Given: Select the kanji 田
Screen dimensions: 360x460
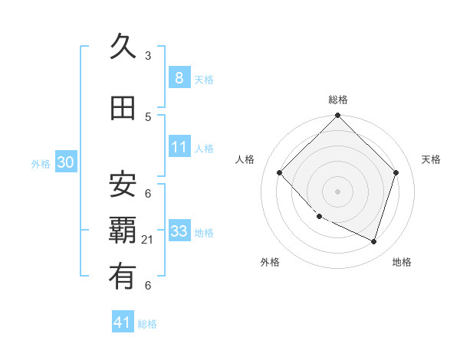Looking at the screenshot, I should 123,109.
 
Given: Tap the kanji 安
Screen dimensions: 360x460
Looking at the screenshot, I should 123,184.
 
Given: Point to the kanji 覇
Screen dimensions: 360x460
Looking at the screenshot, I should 123,231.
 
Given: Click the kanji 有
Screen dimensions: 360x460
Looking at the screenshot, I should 123,277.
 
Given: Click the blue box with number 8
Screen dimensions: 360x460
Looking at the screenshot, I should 179,77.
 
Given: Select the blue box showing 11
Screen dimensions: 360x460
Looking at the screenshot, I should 179,147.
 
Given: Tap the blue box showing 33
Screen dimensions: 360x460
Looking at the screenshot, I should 179,231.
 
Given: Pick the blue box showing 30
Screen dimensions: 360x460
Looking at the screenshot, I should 65,162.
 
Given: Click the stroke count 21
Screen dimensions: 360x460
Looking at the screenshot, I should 148,240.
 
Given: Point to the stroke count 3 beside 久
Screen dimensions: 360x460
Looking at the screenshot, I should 148,55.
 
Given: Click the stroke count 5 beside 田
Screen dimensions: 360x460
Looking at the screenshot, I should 148,116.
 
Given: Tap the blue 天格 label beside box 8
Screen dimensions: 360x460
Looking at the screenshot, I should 204,79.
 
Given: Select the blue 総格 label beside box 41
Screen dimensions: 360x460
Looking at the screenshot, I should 147,324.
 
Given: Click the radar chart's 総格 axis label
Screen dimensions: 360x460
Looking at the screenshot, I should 338,100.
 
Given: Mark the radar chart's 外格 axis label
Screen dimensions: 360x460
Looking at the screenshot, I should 270,262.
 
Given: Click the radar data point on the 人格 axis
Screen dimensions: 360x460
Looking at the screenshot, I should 280,173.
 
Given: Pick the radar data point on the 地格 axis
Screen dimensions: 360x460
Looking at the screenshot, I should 373,241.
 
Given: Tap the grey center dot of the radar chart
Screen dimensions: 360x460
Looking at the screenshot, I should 337,191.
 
